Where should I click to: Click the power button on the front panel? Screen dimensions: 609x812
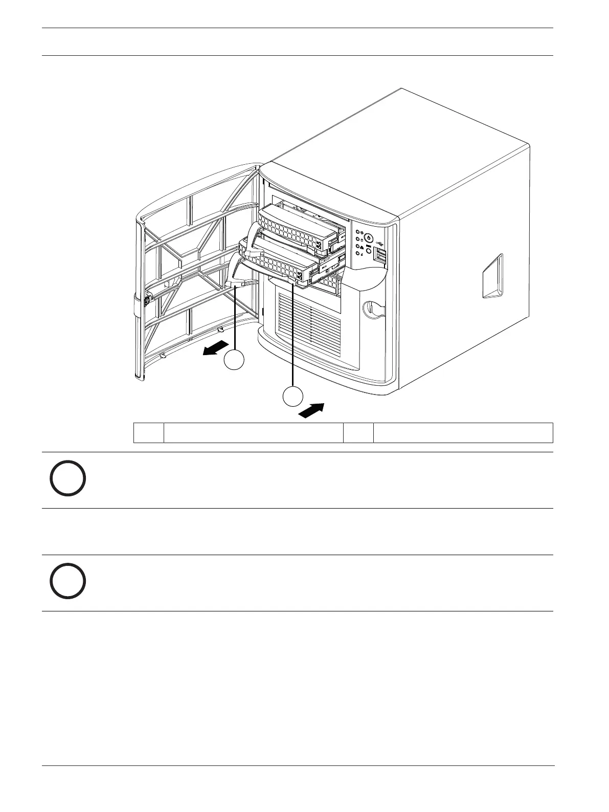tap(368, 237)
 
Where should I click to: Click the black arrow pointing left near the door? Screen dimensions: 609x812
tap(214, 349)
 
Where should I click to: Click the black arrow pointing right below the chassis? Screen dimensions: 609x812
tap(311, 410)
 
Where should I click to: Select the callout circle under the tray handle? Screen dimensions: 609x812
tap(234, 360)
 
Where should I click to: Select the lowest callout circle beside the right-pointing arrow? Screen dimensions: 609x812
tap(292, 397)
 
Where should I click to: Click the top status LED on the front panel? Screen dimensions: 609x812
tap(357, 232)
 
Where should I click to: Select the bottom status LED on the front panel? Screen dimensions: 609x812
tap(357, 253)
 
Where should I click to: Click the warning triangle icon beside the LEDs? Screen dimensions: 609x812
tap(362, 246)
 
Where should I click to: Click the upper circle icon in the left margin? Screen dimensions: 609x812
tap(67, 478)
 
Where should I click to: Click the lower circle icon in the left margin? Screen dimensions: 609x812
tap(67, 581)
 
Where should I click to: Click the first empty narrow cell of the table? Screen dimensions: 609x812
tap(148, 432)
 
